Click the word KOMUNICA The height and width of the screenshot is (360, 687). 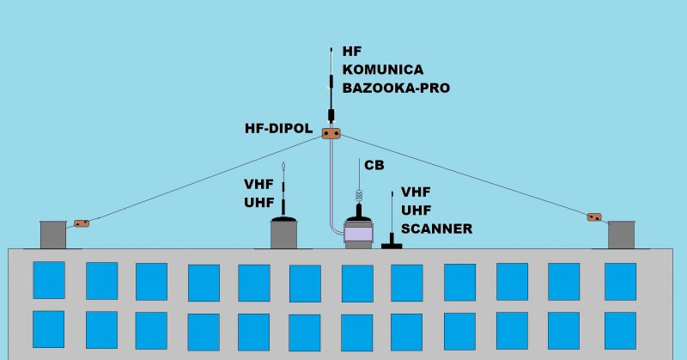(382, 69)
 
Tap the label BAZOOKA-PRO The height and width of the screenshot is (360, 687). (396, 87)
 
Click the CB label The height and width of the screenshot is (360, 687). (374, 164)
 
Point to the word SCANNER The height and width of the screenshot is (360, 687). (436, 229)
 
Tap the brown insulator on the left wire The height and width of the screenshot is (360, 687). (82, 223)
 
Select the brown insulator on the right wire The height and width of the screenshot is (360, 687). (594, 217)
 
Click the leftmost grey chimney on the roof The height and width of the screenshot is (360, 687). (53, 235)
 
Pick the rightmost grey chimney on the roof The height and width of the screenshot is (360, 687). (620, 235)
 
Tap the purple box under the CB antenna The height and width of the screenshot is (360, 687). (359, 233)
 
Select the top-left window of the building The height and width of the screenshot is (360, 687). (49, 280)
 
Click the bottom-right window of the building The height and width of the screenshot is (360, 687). (619, 330)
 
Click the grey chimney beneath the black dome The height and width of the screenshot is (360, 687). (284, 236)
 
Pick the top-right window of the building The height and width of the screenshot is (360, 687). (620, 281)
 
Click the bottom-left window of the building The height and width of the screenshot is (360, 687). (49, 329)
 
